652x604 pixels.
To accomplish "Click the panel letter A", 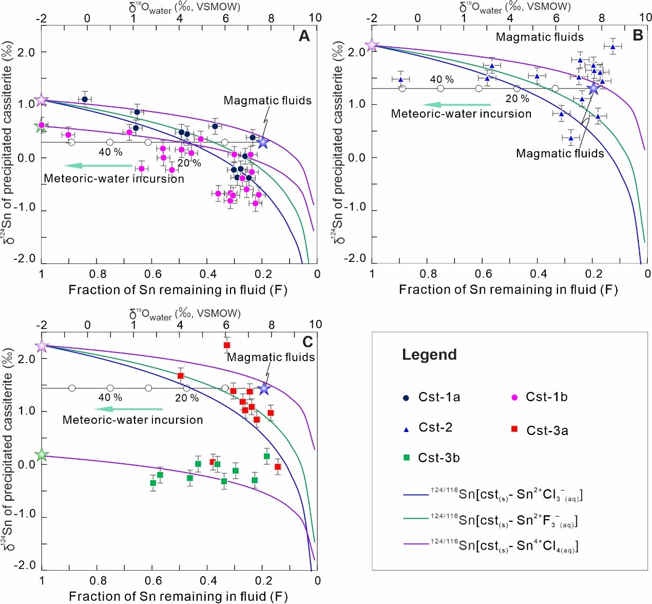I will tap(304, 36).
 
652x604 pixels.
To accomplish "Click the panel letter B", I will tap(638, 35).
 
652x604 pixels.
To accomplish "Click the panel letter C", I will tap(307, 342).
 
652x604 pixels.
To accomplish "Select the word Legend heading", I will tap(429, 355).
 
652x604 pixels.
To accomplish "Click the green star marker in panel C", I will tap(42, 455).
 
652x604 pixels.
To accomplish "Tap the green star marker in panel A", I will tap(41, 126).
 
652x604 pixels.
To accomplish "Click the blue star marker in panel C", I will tap(264, 389).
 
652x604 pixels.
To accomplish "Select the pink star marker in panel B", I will tap(372, 46).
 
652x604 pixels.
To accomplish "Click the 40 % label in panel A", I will tap(110, 152).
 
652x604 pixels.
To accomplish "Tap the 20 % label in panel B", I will tap(517, 99).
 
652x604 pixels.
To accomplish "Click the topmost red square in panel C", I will tap(227, 345).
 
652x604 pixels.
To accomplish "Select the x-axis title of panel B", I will tap(508, 290).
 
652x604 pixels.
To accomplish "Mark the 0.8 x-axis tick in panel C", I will tap(98, 580).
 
